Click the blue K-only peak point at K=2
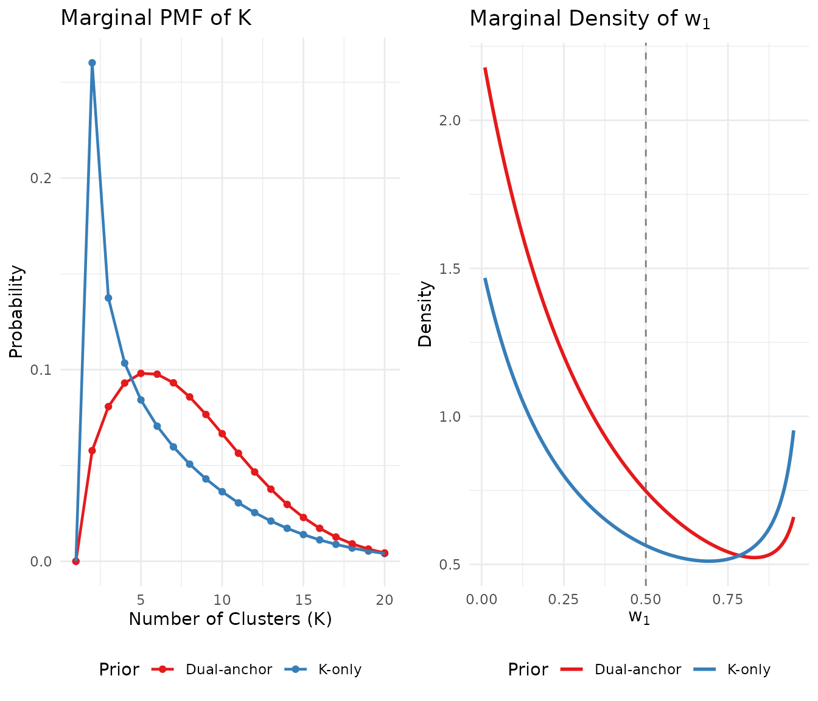pyautogui.click(x=92, y=63)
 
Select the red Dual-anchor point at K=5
pyautogui.click(x=141, y=373)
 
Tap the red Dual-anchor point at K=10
pyautogui.click(x=222, y=434)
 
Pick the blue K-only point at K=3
pyautogui.click(x=108, y=298)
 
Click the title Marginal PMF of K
pyautogui.click(x=156, y=18)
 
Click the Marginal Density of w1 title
pyautogui.click(x=590, y=19)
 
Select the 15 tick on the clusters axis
pyautogui.click(x=303, y=600)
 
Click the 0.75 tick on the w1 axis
pyautogui.click(x=727, y=600)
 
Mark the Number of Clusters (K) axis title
pyautogui.click(x=230, y=619)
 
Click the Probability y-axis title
pyautogui.click(x=16, y=311)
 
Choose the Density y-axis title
pyautogui.click(x=425, y=313)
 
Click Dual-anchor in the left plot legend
pyautogui.click(x=229, y=669)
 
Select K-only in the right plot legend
pyautogui.click(x=749, y=669)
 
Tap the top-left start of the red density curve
pyautogui.click(x=485, y=69)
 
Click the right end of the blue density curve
pyautogui.click(x=794, y=431)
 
